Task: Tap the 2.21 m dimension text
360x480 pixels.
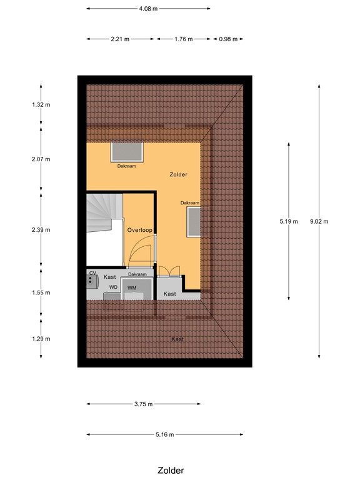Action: click(x=120, y=39)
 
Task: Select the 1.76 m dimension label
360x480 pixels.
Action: click(x=184, y=39)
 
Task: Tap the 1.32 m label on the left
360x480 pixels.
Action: click(x=41, y=104)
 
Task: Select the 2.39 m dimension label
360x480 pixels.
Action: click(x=41, y=229)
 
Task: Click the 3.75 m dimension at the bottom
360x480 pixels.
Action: click(x=143, y=404)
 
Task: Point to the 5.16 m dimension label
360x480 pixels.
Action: click(x=164, y=434)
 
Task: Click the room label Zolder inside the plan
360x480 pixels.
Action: click(x=178, y=175)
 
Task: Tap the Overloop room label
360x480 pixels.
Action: click(x=139, y=230)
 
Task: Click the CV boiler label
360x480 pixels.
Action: click(x=92, y=273)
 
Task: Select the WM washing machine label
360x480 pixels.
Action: click(x=132, y=287)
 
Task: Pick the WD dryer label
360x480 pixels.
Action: click(x=113, y=287)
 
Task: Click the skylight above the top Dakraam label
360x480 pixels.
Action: click(x=127, y=152)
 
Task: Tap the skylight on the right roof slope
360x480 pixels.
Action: click(x=194, y=222)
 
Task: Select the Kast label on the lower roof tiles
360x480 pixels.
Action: click(x=177, y=339)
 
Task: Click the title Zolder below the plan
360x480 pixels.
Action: click(x=171, y=471)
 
